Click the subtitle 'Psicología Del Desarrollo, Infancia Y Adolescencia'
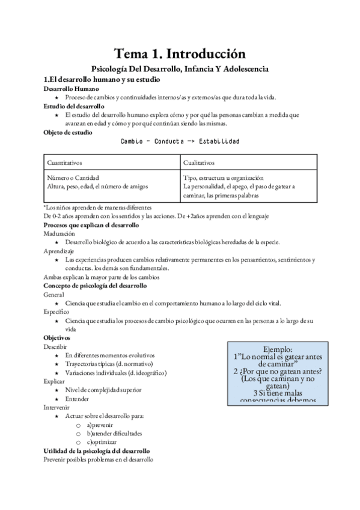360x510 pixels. click(180, 69)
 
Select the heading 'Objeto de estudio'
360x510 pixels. click(68, 132)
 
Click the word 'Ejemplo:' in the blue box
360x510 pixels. click(278, 349)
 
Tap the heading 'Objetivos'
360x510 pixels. click(57, 338)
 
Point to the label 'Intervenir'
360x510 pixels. click(56, 407)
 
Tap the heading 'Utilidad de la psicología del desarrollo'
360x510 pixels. click(97, 450)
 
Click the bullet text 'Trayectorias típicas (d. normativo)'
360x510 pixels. click(109, 364)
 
